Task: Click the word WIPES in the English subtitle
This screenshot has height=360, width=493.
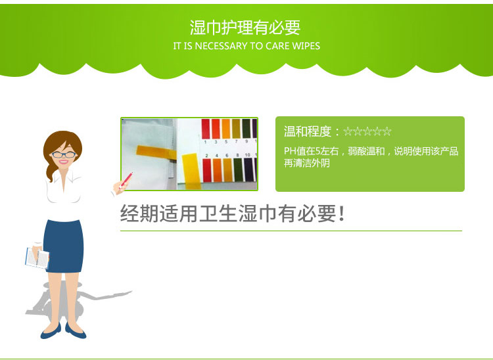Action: coord(306,46)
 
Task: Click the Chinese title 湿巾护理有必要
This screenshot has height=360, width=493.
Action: coord(245,28)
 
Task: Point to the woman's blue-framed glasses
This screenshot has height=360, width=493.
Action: coord(64,154)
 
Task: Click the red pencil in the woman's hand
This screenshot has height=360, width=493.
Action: coord(126,180)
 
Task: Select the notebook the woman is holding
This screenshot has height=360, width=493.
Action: coord(37,258)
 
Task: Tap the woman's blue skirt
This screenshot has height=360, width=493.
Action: coord(64,246)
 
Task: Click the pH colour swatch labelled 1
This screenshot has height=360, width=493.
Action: coord(205,129)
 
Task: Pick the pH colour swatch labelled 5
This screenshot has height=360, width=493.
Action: coord(225,129)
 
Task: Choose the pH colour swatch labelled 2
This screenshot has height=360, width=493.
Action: coord(207,170)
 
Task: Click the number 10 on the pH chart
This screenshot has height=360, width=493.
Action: coord(247,155)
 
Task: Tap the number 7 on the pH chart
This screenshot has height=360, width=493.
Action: coord(236,142)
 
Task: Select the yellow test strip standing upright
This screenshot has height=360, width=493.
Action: coord(191,171)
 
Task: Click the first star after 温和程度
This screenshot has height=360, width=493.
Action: coord(348,131)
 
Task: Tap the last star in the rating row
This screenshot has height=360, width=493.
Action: coord(387,131)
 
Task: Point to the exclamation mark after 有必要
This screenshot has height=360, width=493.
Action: coord(342,214)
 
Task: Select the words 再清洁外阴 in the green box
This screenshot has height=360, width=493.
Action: coord(307,163)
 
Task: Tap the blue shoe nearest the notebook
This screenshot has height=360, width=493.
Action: coord(51,331)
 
